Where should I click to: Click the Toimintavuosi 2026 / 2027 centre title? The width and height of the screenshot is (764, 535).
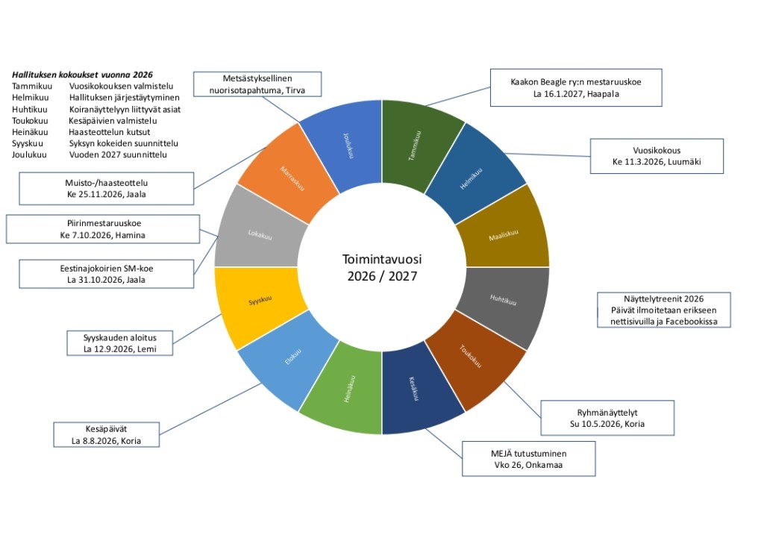coord(382,267)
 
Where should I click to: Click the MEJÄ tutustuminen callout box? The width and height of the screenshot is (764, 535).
coord(529,459)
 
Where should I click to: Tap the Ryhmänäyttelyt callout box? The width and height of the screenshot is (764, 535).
coord(607,418)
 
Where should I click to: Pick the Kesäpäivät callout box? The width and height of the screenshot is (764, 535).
coord(106,434)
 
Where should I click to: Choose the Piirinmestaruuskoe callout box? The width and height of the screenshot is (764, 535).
coord(103,228)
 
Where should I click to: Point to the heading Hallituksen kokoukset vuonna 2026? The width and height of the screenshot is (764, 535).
coord(83,75)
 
